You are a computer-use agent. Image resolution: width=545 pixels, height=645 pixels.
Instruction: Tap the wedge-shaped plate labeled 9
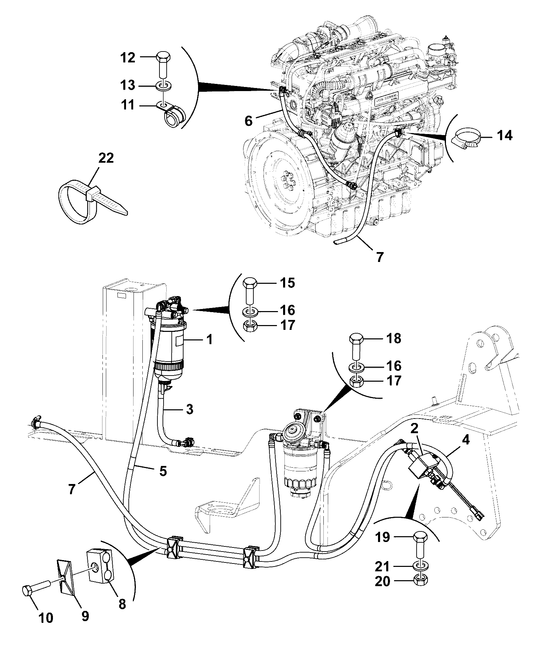69,577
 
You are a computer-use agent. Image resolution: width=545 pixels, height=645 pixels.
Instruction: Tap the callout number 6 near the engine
248,120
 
